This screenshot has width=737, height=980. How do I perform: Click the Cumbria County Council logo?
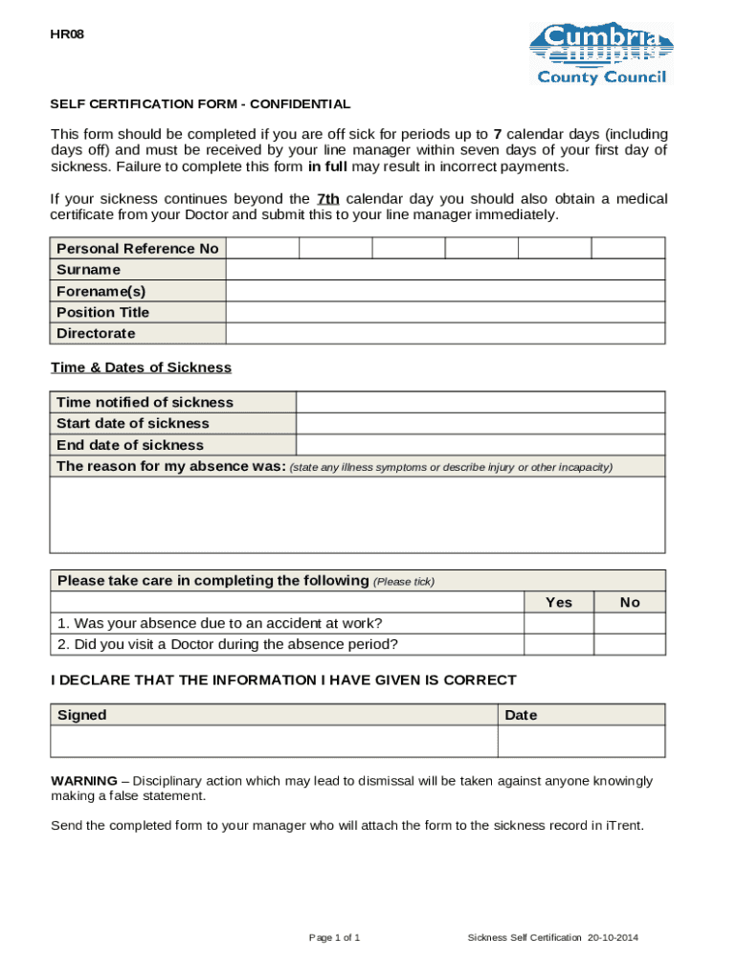601,54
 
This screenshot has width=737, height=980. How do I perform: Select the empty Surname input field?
445,270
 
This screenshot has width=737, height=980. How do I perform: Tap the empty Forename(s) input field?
445,291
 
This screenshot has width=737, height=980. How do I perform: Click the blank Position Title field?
445,312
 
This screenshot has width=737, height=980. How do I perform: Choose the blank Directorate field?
445,333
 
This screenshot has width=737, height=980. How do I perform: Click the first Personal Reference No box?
262,249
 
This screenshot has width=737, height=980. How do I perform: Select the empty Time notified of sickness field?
480,402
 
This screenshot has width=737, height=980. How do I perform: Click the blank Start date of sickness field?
480,423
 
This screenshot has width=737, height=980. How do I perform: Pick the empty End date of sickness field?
480,445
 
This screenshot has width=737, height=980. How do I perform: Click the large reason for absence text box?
357,515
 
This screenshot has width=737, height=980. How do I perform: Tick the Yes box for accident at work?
558,623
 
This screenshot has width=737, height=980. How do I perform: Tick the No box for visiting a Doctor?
629,644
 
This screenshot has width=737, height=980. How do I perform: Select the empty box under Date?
581,742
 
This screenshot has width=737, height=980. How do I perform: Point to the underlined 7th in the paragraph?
327,199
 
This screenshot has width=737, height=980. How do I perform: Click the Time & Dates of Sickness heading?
141,367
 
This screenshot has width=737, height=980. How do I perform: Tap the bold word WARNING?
84,781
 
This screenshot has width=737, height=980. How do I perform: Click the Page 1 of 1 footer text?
334,937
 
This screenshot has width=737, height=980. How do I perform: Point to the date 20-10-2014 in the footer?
613,937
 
